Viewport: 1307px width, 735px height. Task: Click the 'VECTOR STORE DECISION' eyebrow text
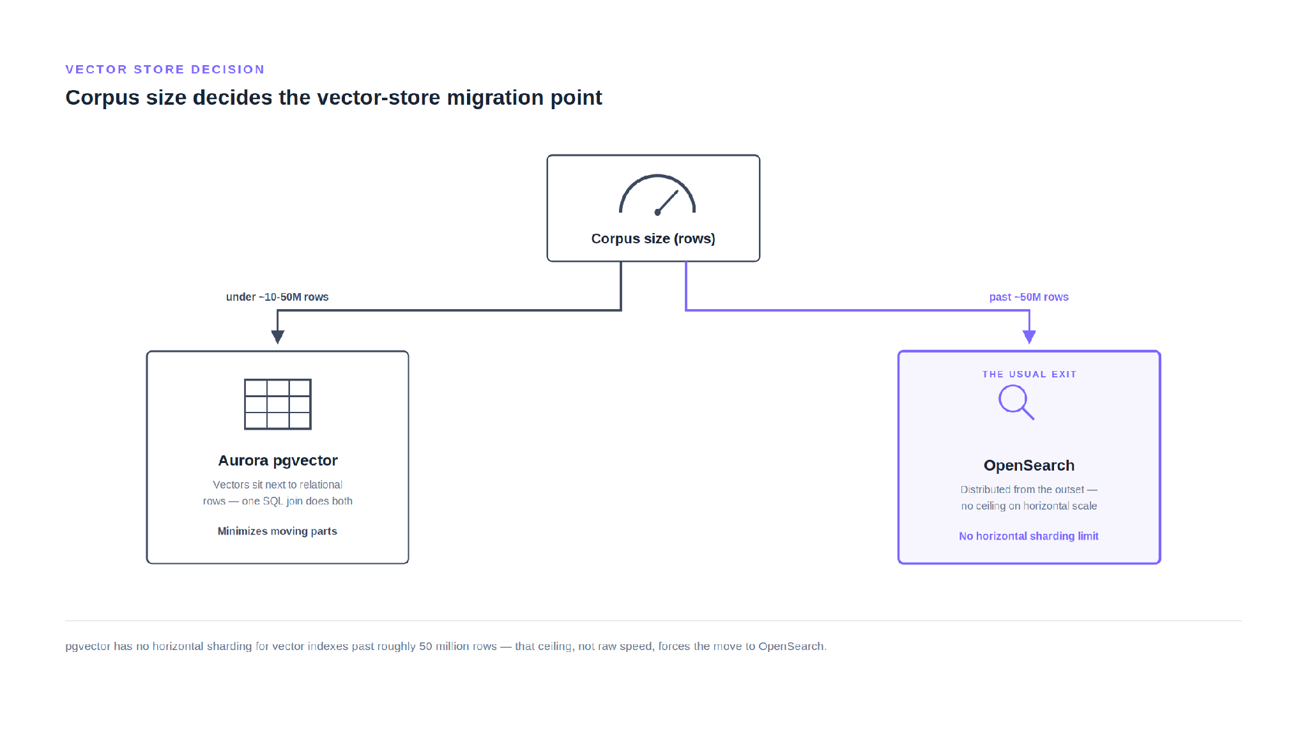tap(165, 69)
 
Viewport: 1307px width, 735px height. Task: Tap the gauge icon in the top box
tap(657, 194)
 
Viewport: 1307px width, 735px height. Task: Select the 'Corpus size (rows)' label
tap(653, 239)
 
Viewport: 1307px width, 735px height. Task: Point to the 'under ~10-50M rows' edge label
tap(277, 297)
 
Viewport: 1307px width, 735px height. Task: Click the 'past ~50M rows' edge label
tap(1028, 297)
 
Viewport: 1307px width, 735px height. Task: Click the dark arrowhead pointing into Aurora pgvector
tap(277, 337)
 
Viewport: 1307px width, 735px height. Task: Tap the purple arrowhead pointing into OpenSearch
tap(1029, 337)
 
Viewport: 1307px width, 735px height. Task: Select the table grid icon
tap(278, 404)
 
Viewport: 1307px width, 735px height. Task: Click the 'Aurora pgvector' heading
tap(278, 460)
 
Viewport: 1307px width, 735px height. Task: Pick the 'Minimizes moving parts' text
tap(277, 531)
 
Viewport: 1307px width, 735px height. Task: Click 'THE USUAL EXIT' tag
tap(1029, 374)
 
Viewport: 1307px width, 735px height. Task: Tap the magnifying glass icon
tap(1016, 403)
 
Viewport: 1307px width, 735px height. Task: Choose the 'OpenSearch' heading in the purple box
tap(1029, 466)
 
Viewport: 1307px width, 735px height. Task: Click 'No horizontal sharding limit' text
tap(1028, 536)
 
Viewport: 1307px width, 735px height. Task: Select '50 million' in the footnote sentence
tap(443, 646)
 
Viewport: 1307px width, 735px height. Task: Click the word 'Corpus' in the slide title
tap(102, 98)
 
